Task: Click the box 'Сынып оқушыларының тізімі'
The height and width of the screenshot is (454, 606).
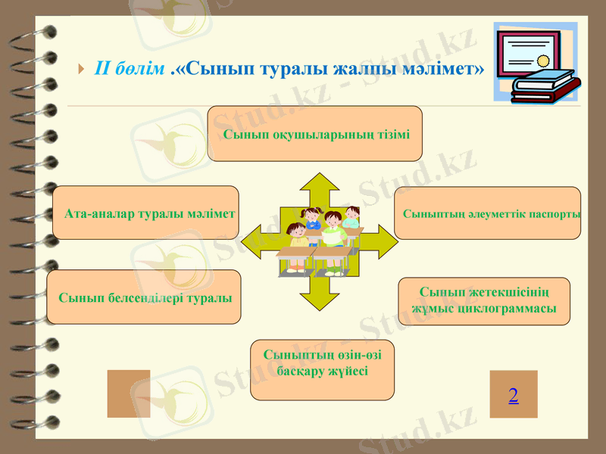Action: tap(314, 134)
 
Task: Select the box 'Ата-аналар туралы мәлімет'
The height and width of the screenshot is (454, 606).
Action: tap(146, 213)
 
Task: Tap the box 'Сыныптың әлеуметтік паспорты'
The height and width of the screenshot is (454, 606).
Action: tap(488, 213)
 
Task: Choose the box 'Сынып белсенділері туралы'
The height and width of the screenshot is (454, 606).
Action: tap(144, 297)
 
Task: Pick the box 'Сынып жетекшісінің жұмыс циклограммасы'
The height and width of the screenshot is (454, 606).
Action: tap(484, 301)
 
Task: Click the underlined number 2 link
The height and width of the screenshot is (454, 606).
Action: tap(514, 395)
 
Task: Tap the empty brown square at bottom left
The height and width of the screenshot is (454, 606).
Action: tap(129, 393)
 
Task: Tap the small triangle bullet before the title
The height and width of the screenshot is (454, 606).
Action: tap(81, 70)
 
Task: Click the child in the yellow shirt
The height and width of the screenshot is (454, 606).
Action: tap(298, 235)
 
